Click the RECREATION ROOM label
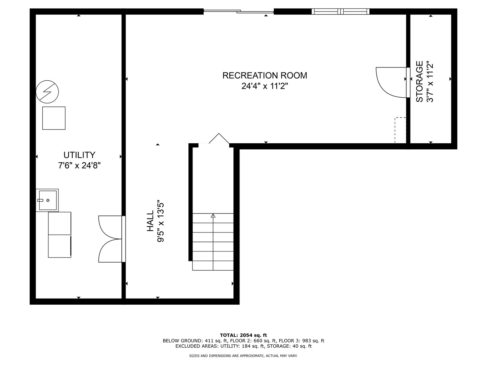click(x=264, y=75)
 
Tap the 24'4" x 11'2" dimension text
click(x=264, y=86)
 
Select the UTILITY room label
click(x=79, y=155)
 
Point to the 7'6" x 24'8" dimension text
click(x=79, y=166)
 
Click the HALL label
click(x=150, y=221)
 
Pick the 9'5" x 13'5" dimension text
click(x=161, y=221)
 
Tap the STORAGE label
click(x=419, y=81)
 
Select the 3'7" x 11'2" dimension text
click(x=430, y=81)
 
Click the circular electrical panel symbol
click(x=47, y=91)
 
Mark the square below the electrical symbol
click(x=54, y=118)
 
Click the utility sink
click(x=47, y=200)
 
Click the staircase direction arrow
click(x=213, y=216)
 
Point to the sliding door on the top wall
click(x=238, y=12)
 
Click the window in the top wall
click(x=341, y=12)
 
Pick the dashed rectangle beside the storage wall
click(x=400, y=130)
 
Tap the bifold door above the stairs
click(x=219, y=139)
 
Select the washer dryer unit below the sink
click(x=60, y=235)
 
